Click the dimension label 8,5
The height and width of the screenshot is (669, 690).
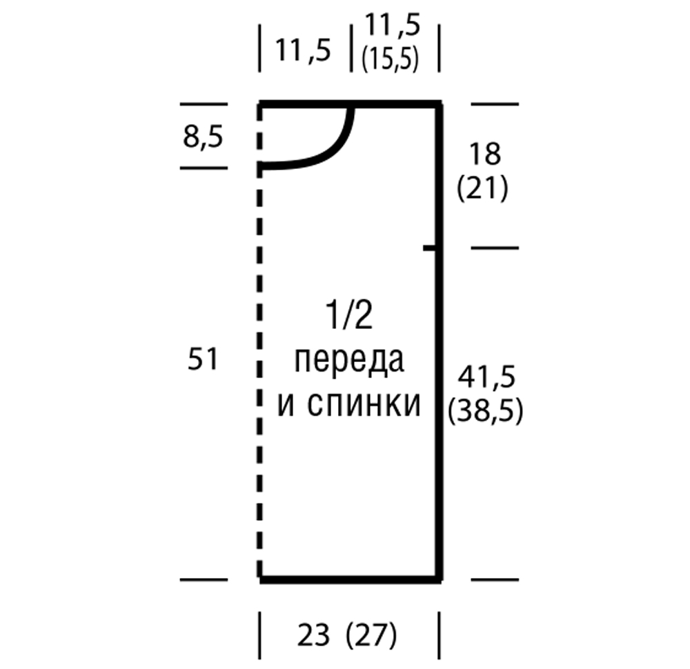(203, 137)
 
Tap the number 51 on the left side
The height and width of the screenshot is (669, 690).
(203, 359)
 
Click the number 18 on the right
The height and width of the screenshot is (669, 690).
(485, 154)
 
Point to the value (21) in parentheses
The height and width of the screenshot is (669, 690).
(482, 188)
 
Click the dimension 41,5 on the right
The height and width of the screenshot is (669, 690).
(486, 377)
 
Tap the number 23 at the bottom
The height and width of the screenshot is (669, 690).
(313, 635)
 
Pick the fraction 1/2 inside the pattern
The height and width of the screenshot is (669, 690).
(349, 315)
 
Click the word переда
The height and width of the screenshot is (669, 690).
(349, 361)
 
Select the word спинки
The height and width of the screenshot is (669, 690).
(364, 403)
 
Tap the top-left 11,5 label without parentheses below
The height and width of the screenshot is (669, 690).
(303, 50)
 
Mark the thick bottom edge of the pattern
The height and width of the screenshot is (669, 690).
(351, 580)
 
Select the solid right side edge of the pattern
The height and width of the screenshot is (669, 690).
(439, 341)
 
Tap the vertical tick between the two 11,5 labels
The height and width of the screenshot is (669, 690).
(351, 48)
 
